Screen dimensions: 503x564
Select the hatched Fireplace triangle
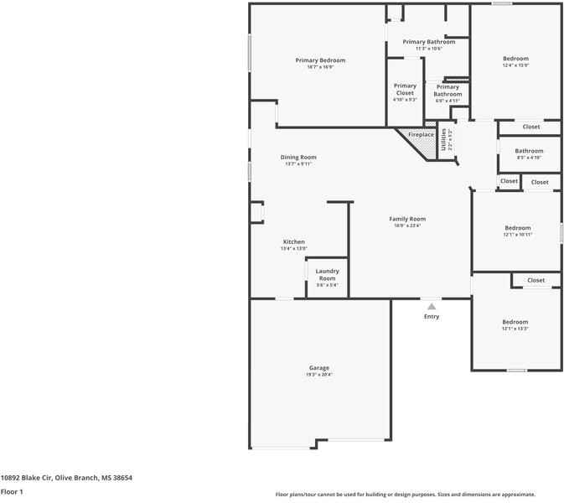(426, 145)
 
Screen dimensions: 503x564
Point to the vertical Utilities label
(444, 139)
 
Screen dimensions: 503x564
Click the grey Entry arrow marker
(432, 307)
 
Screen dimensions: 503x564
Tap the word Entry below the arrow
(432, 317)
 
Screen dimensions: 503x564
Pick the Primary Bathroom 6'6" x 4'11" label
(448, 91)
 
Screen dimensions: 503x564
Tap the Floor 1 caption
(12, 492)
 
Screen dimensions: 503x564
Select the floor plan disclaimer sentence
(405, 495)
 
